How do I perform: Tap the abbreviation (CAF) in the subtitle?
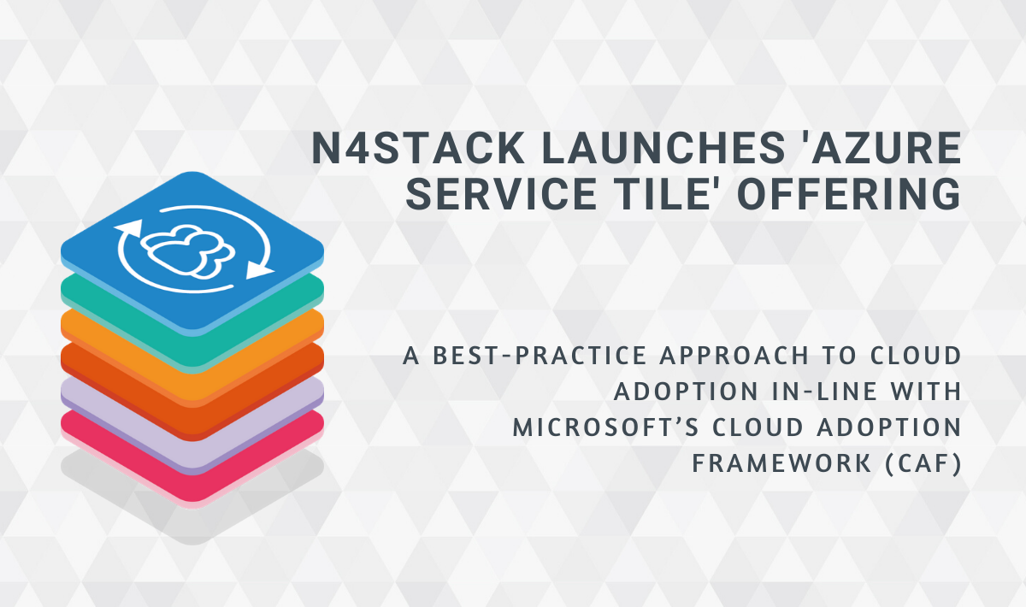pyautogui.click(x=922, y=463)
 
